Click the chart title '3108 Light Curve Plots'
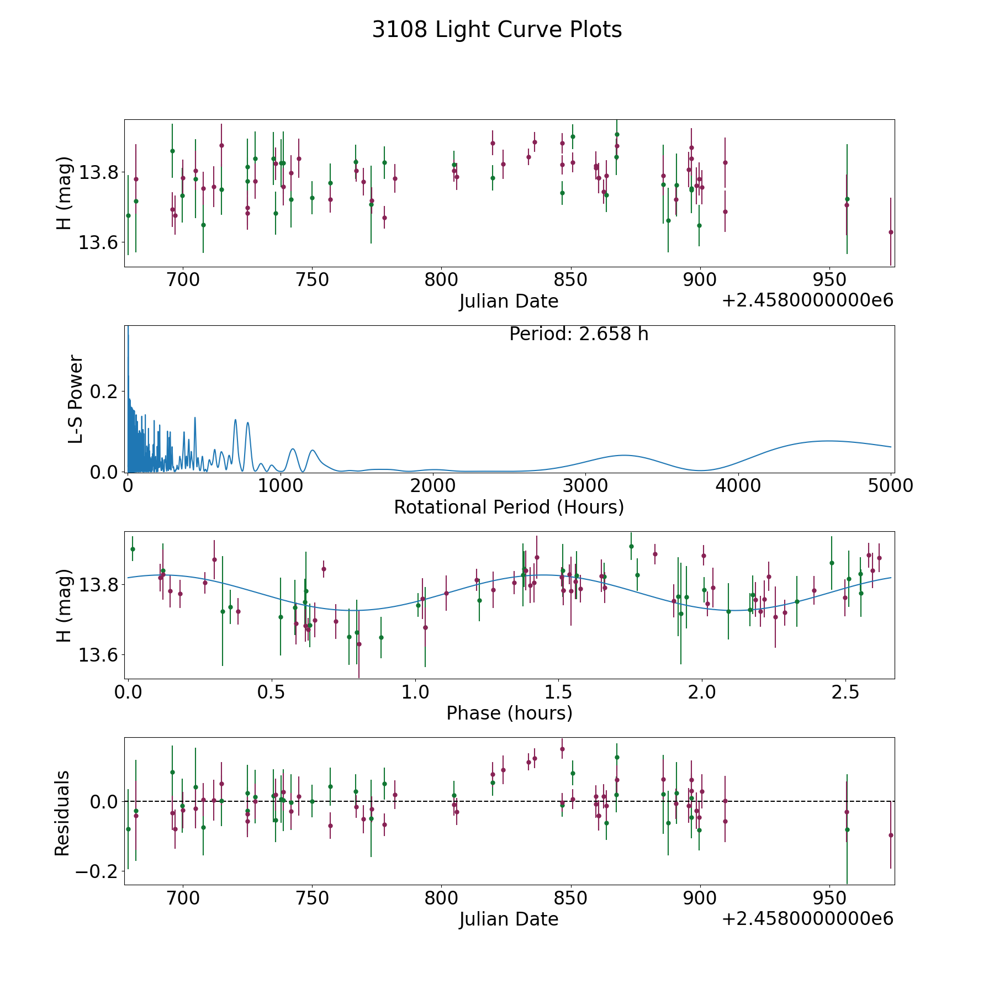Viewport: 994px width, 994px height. coord(497,30)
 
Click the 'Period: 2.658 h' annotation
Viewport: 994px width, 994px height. coord(579,334)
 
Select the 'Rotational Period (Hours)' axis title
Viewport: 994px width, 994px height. coord(509,507)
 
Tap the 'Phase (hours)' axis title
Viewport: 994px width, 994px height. coord(509,713)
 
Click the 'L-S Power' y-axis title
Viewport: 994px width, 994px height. coord(76,399)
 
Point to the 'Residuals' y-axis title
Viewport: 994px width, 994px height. coord(62,813)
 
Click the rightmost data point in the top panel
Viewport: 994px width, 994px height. coord(891,232)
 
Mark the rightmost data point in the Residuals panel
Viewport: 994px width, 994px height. coord(891,835)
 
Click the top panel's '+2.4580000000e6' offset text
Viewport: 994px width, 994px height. coord(807,300)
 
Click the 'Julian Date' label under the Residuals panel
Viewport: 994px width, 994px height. coord(509,919)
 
